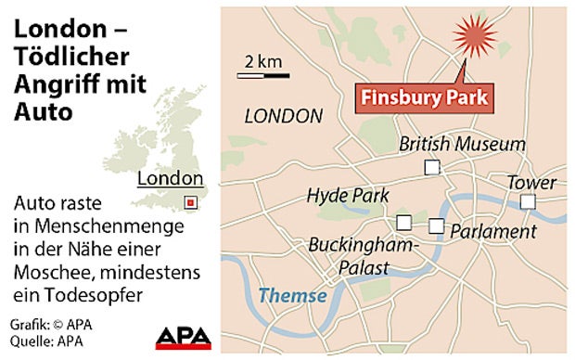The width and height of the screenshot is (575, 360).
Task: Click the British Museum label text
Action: tap(462, 145)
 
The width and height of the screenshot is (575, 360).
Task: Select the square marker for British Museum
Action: tap(430, 167)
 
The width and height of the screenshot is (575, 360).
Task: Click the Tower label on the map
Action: tap(530, 182)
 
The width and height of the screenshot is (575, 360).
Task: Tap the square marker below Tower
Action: tap(527, 201)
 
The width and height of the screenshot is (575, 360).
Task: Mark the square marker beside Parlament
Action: tap(436, 225)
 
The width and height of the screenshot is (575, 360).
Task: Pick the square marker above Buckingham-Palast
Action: tap(403, 222)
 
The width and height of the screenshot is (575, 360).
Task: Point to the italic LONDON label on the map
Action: tap(282, 116)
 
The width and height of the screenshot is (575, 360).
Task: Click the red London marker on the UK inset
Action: tap(190, 201)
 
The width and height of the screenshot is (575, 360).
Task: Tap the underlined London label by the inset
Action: tap(169, 179)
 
